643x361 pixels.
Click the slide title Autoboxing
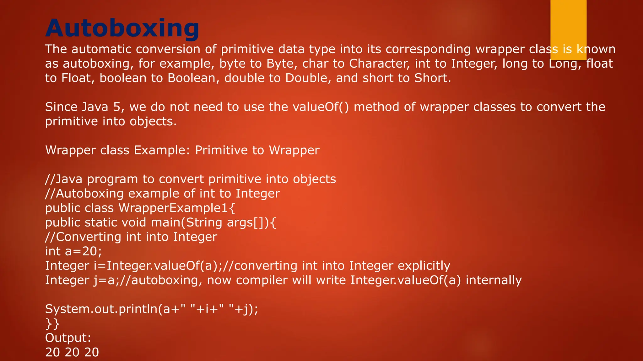coord(122,28)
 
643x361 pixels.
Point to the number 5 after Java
coord(117,107)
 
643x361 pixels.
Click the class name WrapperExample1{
coord(177,208)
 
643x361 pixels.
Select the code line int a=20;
coord(73,251)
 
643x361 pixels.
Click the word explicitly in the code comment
coord(424,266)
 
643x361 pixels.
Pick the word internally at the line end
coord(494,280)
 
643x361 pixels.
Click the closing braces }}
coord(52,323)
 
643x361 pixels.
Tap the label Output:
coord(68,338)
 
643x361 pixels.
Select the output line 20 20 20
coord(72,352)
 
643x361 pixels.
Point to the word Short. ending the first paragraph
coord(433,78)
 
